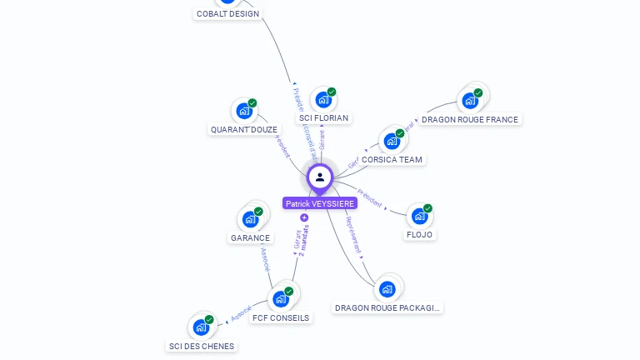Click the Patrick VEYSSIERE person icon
tap(320, 177)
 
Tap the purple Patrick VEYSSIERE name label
tap(320, 203)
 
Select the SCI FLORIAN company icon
tap(323, 100)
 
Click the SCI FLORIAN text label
tap(323, 118)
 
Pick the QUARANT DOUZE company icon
tap(244, 111)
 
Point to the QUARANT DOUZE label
tap(244, 129)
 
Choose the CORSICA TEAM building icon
tap(392, 141)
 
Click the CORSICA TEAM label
tap(392, 159)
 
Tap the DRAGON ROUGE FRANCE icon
tap(470, 101)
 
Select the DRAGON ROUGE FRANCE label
tap(470, 119)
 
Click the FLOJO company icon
tap(420, 216)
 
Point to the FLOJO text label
tap(420, 234)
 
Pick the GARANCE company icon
tap(250, 219)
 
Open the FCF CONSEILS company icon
tap(281, 299)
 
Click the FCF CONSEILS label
tap(281, 317)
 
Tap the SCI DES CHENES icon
tap(201, 327)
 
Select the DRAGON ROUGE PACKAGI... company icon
tap(387, 289)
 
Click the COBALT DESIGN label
tap(227, 14)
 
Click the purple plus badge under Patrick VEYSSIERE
tap(304, 217)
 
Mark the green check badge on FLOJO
tap(427, 208)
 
